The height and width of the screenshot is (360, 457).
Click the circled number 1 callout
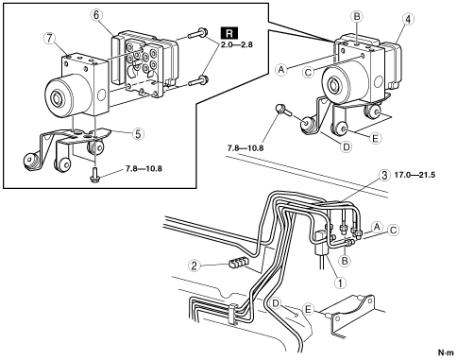point(340,283)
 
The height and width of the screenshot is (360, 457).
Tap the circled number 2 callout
point(195,266)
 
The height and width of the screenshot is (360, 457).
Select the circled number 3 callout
point(384,176)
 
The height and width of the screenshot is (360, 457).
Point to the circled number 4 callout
point(408,19)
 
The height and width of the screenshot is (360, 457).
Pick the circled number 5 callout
point(138,134)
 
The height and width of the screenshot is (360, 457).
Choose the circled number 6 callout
point(96,15)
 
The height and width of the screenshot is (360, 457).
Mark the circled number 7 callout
point(50,39)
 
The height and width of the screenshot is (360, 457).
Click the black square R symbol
point(229,33)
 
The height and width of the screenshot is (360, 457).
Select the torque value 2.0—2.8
point(236,44)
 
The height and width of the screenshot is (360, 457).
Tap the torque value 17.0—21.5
point(415,175)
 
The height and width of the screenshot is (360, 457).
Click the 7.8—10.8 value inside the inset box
point(144,169)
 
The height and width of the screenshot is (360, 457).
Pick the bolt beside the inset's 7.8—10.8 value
point(94,174)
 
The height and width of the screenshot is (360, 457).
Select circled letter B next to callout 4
point(357,16)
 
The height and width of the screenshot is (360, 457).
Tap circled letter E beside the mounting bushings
point(375,138)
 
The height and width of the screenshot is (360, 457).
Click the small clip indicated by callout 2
point(238,262)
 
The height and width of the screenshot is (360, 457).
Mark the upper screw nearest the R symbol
point(196,33)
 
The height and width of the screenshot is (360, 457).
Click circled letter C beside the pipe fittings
point(393,230)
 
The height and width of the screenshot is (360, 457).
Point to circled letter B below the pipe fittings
point(346,261)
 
